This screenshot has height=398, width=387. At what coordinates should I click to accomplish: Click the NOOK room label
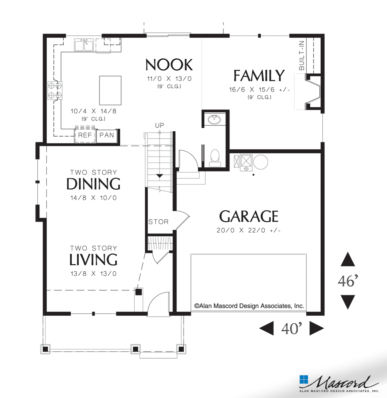(169, 65)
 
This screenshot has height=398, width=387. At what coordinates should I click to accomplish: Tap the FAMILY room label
(259, 76)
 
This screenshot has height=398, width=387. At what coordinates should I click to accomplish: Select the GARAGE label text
(248, 217)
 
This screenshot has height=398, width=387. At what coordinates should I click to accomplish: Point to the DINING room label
(93, 184)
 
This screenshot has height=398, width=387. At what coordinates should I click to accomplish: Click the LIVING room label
(93, 260)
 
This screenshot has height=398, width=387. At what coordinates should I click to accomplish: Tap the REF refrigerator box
(85, 135)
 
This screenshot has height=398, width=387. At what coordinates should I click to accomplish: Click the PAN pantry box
(106, 135)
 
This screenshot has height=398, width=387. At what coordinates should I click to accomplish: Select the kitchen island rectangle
(110, 90)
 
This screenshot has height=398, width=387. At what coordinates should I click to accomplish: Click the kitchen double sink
(84, 45)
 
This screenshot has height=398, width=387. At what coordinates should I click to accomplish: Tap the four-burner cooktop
(55, 91)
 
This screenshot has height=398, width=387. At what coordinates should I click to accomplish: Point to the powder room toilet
(215, 157)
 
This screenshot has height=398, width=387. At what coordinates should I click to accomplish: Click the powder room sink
(214, 119)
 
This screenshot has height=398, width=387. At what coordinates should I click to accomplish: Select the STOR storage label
(158, 222)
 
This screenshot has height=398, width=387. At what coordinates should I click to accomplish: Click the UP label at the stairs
(160, 126)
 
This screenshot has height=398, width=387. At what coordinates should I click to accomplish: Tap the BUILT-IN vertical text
(301, 55)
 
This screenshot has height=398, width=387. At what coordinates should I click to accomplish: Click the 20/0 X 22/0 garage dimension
(248, 230)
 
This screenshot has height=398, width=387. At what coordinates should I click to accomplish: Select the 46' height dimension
(348, 281)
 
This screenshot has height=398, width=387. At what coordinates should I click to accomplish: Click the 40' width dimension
(291, 328)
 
